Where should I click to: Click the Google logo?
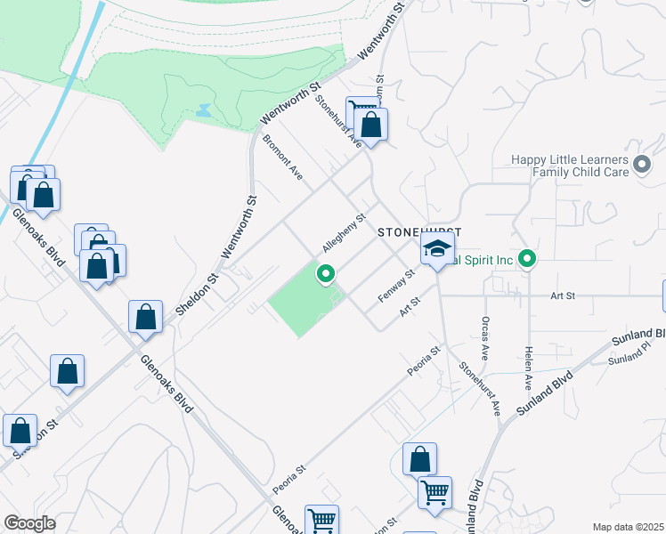coord(29,523)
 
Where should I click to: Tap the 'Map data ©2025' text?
coord(627,527)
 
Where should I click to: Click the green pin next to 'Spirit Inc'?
coord(528,260)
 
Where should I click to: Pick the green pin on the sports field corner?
coord(326,275)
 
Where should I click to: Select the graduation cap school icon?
coord(437,252)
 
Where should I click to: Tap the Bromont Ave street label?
coord(284,158)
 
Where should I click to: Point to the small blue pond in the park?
coord(205,111)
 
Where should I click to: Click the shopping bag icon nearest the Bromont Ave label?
coord(370,124)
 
